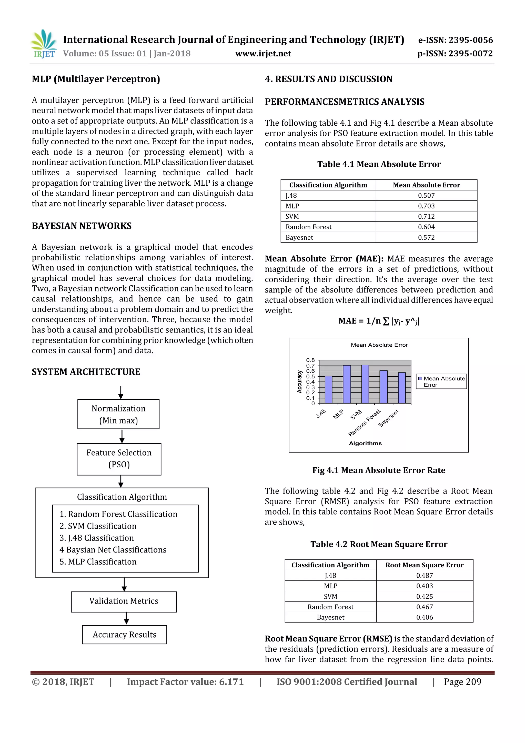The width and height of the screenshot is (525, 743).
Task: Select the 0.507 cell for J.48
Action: point(426,195)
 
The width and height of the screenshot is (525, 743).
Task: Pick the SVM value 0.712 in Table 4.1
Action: point(426,216)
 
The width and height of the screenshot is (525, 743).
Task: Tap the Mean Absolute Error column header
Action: point(426,185)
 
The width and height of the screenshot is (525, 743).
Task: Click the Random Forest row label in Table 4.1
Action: point(308,227)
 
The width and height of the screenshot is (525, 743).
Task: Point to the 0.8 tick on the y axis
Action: point(310,360)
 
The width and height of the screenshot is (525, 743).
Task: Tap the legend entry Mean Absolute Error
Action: point(441,381)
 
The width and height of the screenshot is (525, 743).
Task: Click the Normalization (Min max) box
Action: point(118,414)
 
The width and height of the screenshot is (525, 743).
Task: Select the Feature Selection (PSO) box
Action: point(119,459)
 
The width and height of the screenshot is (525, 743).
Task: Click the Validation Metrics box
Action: point(124,601)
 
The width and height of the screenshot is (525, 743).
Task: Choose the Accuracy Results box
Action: point(124,635)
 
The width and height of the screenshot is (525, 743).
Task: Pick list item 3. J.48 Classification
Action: point(96,538)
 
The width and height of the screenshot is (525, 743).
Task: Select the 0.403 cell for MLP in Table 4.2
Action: point(425,586)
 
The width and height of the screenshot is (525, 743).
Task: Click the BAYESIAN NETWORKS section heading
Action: point(82,226)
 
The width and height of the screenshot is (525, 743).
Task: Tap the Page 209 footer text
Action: point(462,681)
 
